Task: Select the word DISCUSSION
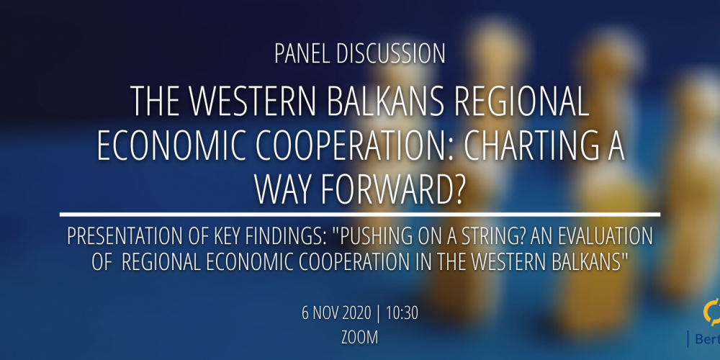(391, 54)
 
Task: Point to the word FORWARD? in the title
(387, 189)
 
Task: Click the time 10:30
(402, 313)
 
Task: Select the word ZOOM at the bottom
(360, 338)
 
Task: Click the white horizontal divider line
(360, 215)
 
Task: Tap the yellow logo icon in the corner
(712, 312)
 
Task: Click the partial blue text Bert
(708, 339)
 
